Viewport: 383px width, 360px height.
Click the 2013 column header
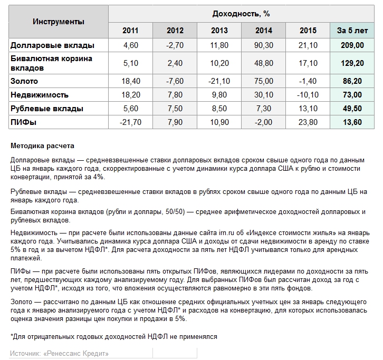(x=219, y=31)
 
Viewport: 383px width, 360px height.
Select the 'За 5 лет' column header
(x=352, y=31)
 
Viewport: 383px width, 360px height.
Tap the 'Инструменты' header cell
(x=59, y=22)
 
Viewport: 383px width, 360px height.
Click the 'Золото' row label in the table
(x=24, y=81)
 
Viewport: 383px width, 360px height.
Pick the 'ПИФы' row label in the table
(x=24, y=122)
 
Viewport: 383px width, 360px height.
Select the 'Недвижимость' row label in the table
(x=40, y=95)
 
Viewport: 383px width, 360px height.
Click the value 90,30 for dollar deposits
(x=264, y=45)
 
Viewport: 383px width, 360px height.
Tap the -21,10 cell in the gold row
(x=219, y=81)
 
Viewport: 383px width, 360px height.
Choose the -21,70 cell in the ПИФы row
(x=130, y=122)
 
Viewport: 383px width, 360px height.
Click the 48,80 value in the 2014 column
(x=264, y=63)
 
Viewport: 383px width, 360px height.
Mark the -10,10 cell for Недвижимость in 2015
(x=308, y=95)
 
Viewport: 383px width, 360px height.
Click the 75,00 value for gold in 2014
(x=264, y=81)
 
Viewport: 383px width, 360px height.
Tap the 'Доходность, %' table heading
(x=241, y=13)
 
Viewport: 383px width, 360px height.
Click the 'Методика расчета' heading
(x=42, y=145)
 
